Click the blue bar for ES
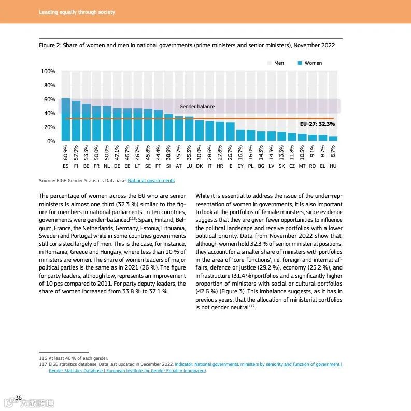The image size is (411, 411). pyautogui.click(x=66, y=120)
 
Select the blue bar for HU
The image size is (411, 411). pyautogui.click(x=333, y=138)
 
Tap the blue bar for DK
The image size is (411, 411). pyautogui.click(x=200, y=131)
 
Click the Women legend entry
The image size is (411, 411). pyautogui.click(x=309, y=63)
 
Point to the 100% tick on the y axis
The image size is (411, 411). pyautogui.click(x=48, y=72)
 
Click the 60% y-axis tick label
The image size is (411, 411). pyautogui.click(x=49, y=100)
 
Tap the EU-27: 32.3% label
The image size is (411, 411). pyautogui.click(x=317, y=124)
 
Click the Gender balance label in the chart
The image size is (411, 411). pyautogui.click(x=197, y=107)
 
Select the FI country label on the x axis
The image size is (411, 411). pyautogui.click(x=76, y=166)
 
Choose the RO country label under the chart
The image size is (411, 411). pyautogui.click(x=312, y=166)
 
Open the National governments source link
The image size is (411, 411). pyautogui.click(x=151, y=181)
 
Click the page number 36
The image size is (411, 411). pyautogui.click(x=19, y=398)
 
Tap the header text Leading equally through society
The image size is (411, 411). pyautogui.click(x=77, y=12)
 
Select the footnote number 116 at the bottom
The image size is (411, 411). pyautogui.click(x=43, y=358)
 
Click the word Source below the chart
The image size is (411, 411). pyautogui.click(x=47, y=181)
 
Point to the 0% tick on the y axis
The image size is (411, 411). pyautogui.click(x=51, y=141)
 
